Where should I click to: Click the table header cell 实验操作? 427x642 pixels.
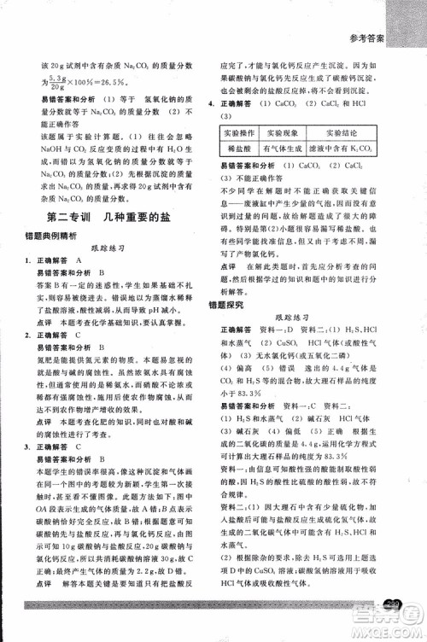pyautogui.click(x=240, y=134)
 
